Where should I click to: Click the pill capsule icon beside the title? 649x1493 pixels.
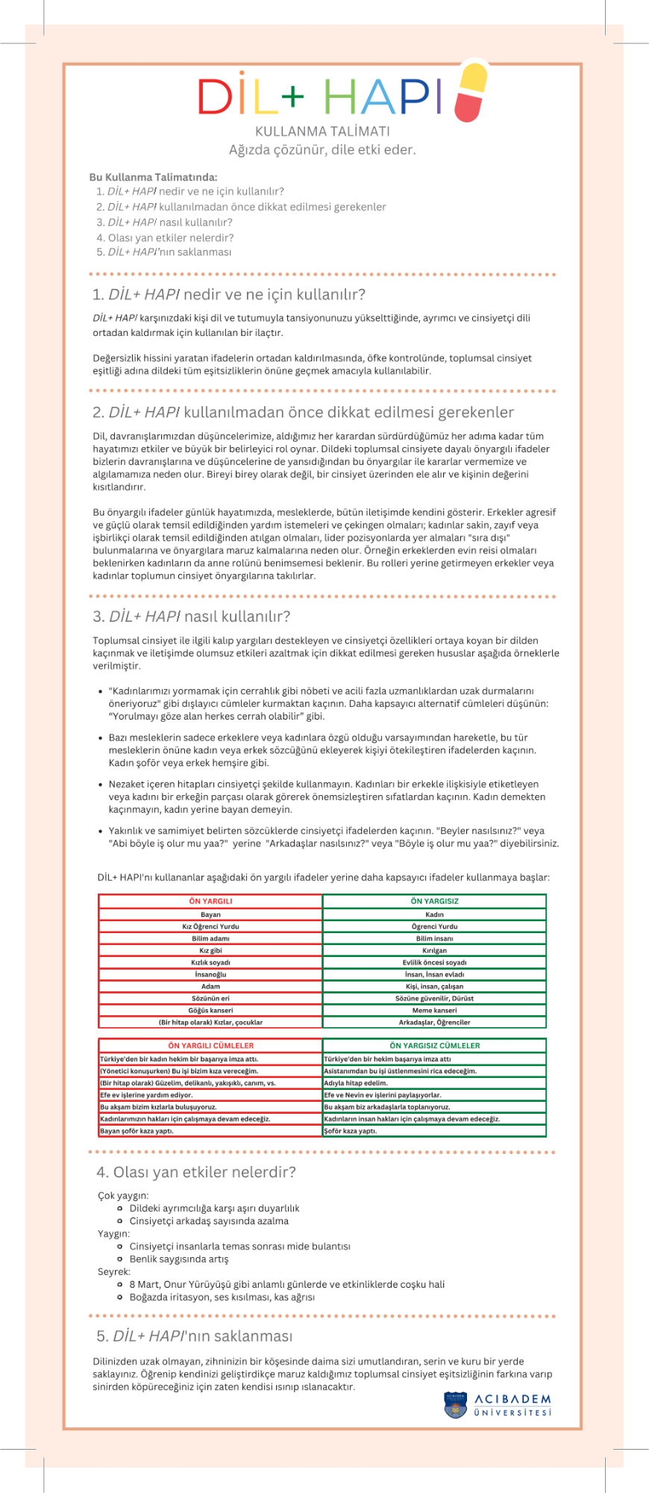point(470,92)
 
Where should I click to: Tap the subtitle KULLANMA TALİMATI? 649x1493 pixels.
point(322,131)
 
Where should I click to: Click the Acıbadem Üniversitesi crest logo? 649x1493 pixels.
point(455,1405)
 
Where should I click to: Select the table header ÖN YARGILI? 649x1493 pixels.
point(210,901)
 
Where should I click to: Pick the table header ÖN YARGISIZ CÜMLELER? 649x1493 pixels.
point(434,1046)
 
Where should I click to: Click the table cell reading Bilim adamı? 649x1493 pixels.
point(210,938)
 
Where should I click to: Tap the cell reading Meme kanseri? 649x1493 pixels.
point(434,1010)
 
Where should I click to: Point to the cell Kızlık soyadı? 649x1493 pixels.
point(210,962)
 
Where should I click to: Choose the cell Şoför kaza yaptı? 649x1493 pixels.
point(351,1131)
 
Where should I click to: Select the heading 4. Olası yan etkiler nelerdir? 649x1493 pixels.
point(196,1173)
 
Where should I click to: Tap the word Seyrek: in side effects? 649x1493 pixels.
point(114,1271)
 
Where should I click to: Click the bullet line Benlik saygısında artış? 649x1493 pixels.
point(179,1259)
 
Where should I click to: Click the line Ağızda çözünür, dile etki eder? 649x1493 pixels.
point(322,150)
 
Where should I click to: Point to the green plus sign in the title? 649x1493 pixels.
point(292,95)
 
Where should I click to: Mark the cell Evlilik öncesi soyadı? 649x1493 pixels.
point(434,962)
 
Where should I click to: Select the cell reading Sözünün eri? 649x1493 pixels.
point(210,998)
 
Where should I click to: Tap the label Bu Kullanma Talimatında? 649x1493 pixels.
point(153,177)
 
